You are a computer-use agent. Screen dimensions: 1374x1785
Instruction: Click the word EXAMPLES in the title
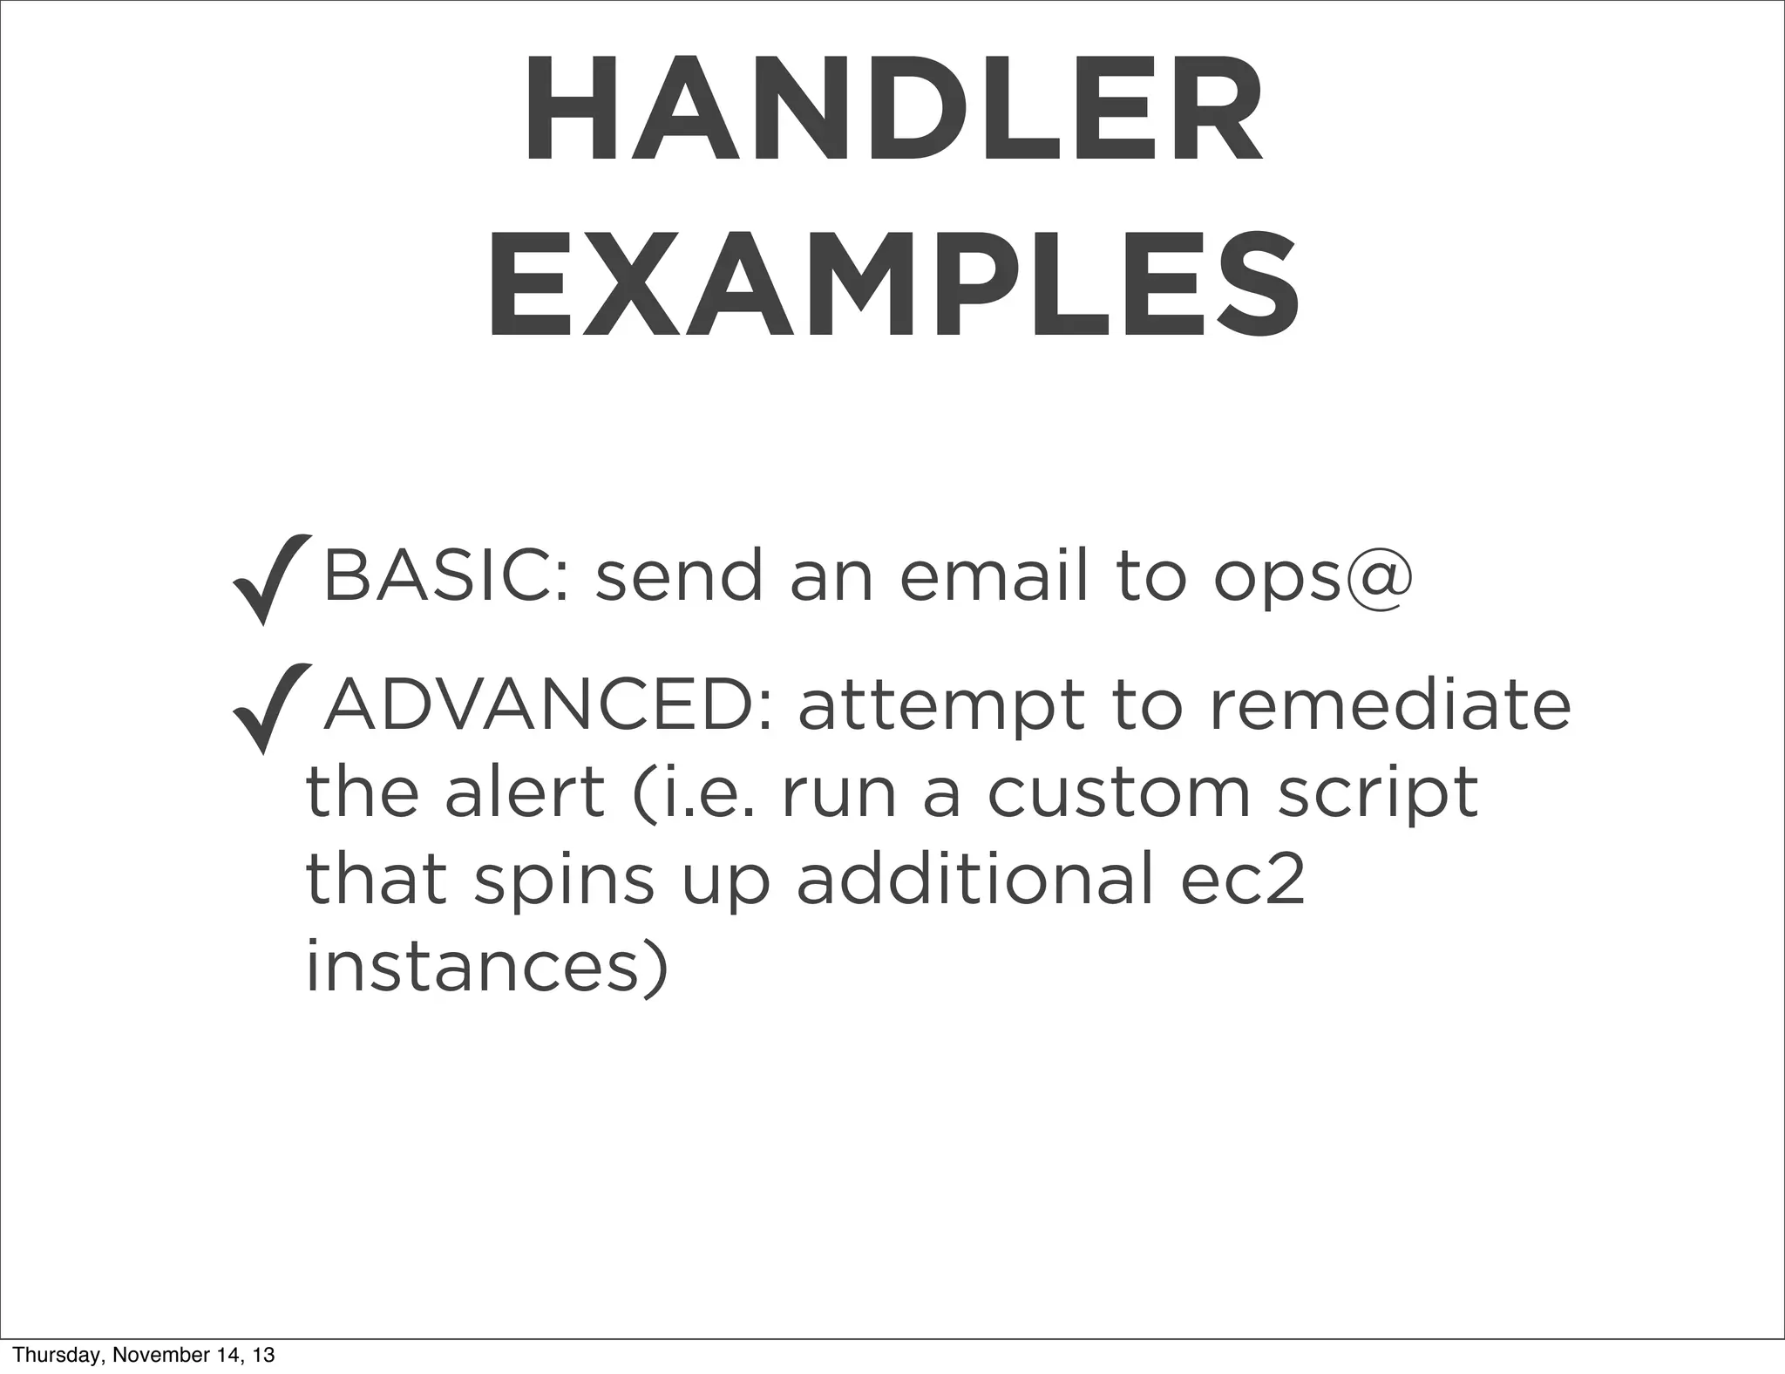click(892, 283)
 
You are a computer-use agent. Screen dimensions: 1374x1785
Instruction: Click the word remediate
click(1389, 705)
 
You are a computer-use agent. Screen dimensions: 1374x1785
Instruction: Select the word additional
click(981, 880)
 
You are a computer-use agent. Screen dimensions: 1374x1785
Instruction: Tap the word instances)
click(487, 969)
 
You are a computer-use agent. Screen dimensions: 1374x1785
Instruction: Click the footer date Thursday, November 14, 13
click(144, 1355)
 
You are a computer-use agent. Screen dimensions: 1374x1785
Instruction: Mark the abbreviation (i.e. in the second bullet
click(696, 794)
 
